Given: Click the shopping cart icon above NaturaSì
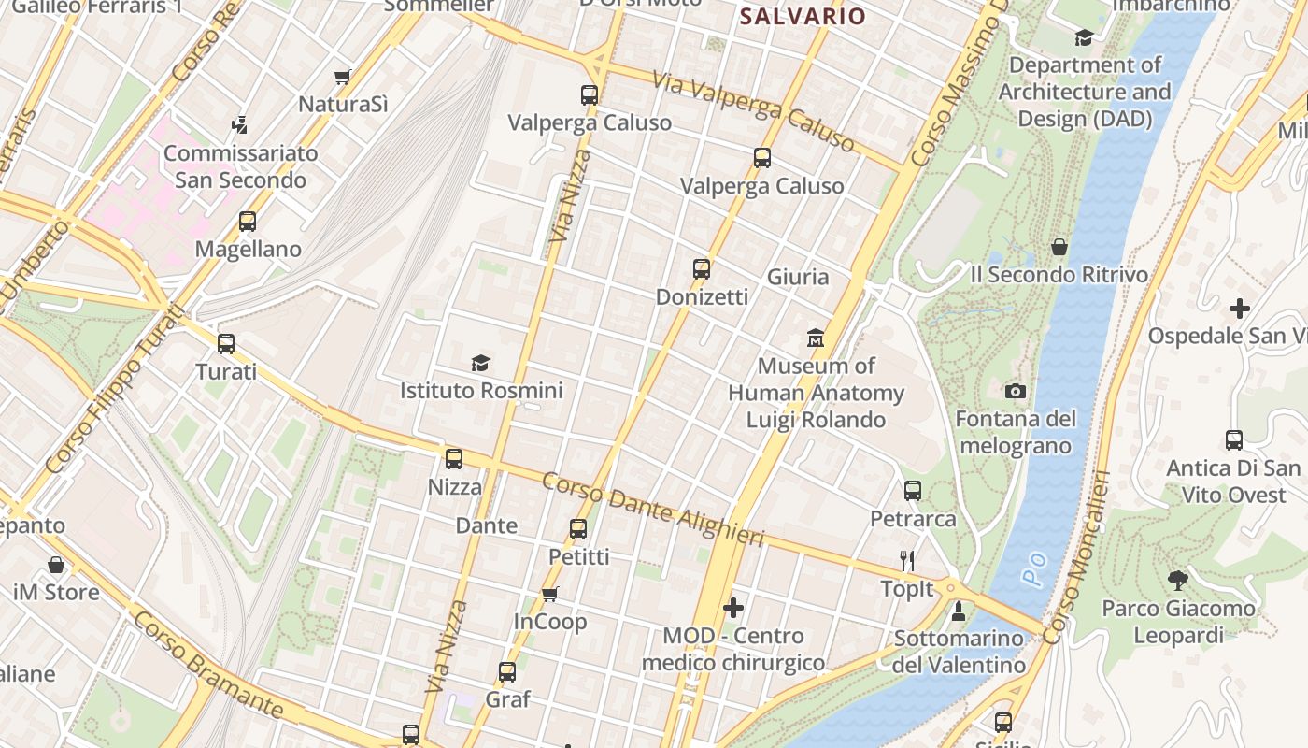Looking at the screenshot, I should coord(343,77).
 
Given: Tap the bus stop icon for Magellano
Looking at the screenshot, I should coord(248,222).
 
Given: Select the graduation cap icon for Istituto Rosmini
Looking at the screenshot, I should coord(480,363).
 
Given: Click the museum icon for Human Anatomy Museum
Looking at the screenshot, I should coord(816,338).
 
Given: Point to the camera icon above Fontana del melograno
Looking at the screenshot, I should coord(1016,391).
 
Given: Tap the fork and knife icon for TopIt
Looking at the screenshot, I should coord(906,561).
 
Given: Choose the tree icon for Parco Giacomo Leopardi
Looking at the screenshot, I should coord(1178,581).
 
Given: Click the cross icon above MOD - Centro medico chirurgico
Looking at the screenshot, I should coord(733,608).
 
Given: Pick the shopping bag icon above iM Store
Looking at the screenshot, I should coord(56,565).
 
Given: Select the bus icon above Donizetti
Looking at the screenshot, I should coord(702,269).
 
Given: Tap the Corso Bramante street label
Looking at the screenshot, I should coord(207,665).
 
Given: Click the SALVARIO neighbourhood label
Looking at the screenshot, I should coord(803,16).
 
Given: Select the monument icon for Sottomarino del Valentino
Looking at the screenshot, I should coord(958,611).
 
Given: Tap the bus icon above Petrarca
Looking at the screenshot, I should coord(913,490).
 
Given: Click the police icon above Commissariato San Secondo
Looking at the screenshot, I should coord(240,124).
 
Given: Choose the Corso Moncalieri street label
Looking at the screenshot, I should coord(1075,557).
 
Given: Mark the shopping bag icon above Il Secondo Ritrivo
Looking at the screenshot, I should coord(1059,247).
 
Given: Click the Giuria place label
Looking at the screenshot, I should coord(798,277).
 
